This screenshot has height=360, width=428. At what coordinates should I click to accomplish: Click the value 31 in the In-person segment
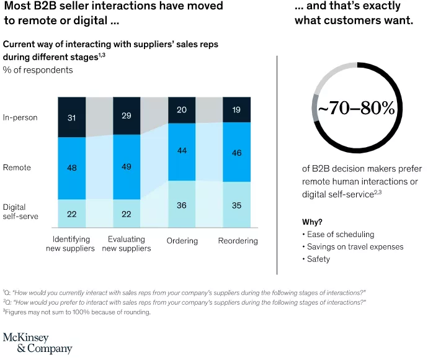pos(72,117)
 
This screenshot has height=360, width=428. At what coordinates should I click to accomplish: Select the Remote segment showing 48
pos(72,168)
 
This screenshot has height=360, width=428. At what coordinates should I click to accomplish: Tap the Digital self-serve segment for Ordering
pos(182,204)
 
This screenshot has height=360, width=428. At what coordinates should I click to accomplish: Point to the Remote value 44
pos(182,151)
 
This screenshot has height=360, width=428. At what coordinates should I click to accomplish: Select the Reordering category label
pos(238,241)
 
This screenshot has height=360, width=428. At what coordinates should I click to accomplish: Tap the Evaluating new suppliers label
pos(127,244)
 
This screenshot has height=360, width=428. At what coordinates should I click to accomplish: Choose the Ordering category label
pos(182,241)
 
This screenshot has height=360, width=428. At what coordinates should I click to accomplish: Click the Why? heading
pos(312,222)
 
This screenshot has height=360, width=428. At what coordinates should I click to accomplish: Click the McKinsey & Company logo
pos(37,343)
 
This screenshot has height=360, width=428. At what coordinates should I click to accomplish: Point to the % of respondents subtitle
pos(38,70)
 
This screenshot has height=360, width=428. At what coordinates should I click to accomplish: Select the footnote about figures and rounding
pos(78,312)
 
